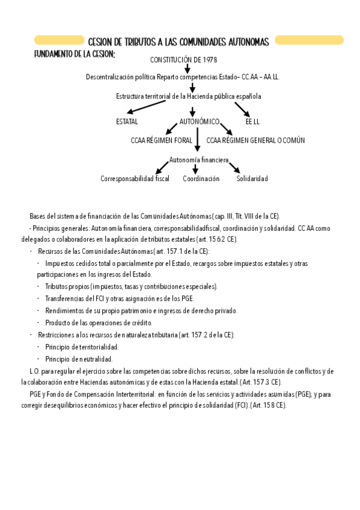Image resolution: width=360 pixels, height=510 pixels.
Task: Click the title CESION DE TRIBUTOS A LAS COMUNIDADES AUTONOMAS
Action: pyautogui.click(x=178, y=41)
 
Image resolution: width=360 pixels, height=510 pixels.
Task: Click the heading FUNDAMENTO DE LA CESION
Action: pyautogui.click(x=75, y=54)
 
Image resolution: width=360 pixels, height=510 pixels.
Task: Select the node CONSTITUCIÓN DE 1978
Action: pyautogui.click(x=183, y=60)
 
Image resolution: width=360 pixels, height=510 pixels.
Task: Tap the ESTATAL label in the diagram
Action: pyautogui.click(x=126, y=121)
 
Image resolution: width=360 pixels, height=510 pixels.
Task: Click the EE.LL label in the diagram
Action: pyautogui.click(x=252, y=121)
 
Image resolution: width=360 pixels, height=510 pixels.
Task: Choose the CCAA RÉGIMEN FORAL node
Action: pyautogui.click(x=161, y=140)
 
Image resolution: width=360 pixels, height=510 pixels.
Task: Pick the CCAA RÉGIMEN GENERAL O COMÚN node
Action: pyautogui.click(x=255, y=140)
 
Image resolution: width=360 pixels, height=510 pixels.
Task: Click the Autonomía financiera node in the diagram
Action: pyautogui.click(x=199, y=160)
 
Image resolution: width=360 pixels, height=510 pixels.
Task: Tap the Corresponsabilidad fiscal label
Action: pyautogui.click(x=135, y=179)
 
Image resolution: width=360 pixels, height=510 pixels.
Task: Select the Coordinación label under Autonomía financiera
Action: pyautogui.click(x=201, y=179)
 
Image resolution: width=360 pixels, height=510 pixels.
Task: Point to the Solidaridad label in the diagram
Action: pyautogui.click(x=252, y=179)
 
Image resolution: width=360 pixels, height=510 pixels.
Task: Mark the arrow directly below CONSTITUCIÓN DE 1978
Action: pyautogui.click(x=187, y=69)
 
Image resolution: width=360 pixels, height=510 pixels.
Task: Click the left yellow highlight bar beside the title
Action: pyautogui.click(x=58, y=40)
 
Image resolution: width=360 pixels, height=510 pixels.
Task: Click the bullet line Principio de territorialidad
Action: pyautogui.click(x=82, y=346)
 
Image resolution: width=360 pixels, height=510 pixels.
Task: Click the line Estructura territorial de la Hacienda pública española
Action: pyautogui.click(x=189, y=96)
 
